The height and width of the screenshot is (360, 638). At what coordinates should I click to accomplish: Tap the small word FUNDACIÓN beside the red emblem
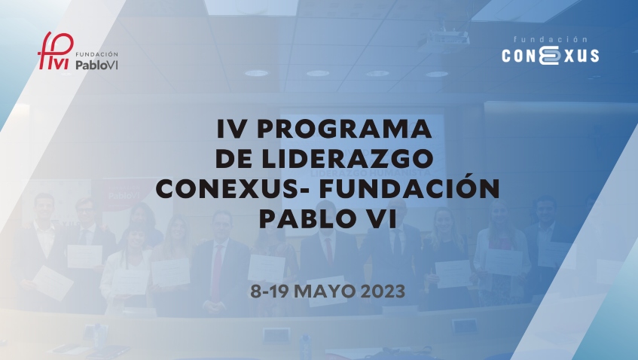[97, 54]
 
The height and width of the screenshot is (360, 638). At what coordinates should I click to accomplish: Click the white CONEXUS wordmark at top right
[551, 55]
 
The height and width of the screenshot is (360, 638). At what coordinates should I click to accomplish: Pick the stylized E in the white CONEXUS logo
[551, 55]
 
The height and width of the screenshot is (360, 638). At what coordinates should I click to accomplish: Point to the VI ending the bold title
[386, 218]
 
